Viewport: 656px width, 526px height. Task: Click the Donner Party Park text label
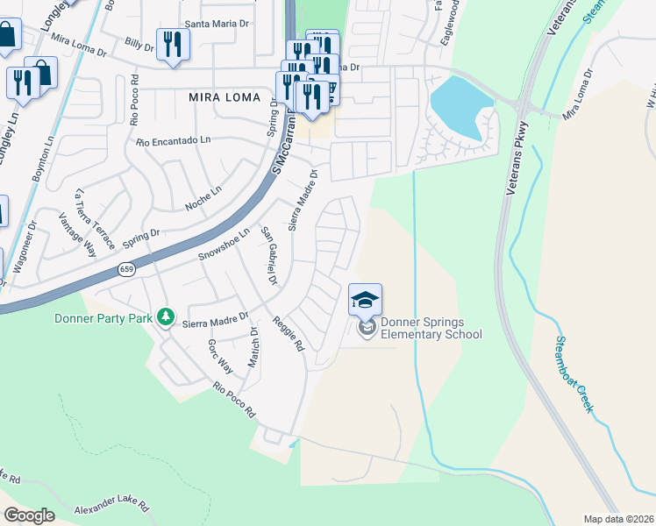point(103,317)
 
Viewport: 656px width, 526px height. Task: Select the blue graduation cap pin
point(365,300)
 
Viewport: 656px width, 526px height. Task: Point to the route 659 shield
point(128,271)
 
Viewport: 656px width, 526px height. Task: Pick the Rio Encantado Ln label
point(174,140)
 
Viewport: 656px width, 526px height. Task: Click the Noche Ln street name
point(203,197)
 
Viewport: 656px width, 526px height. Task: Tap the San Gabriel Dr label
point(269,257)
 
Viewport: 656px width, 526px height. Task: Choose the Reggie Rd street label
point(288,334)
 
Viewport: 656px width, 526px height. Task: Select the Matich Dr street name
point(253,347)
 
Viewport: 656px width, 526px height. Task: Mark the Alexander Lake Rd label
point(112,508)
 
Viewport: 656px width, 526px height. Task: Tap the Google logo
point(29,515)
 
